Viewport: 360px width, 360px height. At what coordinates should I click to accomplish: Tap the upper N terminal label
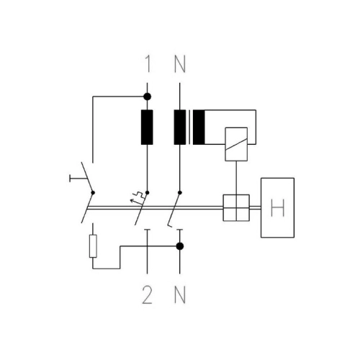[180, 64]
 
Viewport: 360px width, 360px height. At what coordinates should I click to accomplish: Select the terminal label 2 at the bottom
[147, 295]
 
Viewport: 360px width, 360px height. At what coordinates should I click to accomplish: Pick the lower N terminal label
[180, 295]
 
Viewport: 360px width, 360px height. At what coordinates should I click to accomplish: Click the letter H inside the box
[277, 208]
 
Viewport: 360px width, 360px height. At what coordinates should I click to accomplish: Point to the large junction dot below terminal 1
[147, 96]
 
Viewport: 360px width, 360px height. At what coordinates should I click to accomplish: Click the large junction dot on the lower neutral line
[180, 246]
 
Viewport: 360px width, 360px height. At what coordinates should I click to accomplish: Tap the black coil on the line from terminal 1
[147, 127]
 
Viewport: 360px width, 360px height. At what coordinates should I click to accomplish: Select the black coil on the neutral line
[180, 127]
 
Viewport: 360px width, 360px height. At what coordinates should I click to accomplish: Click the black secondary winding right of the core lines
[199, 127]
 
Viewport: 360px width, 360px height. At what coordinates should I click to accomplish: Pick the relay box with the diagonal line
[236, 144]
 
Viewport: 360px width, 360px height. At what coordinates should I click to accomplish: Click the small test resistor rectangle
[93, 246]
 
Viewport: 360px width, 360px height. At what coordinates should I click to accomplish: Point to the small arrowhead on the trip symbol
[132, 200]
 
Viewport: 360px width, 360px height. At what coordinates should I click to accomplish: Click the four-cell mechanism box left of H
[236, 208]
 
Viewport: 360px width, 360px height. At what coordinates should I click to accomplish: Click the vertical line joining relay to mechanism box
[236, 178]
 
